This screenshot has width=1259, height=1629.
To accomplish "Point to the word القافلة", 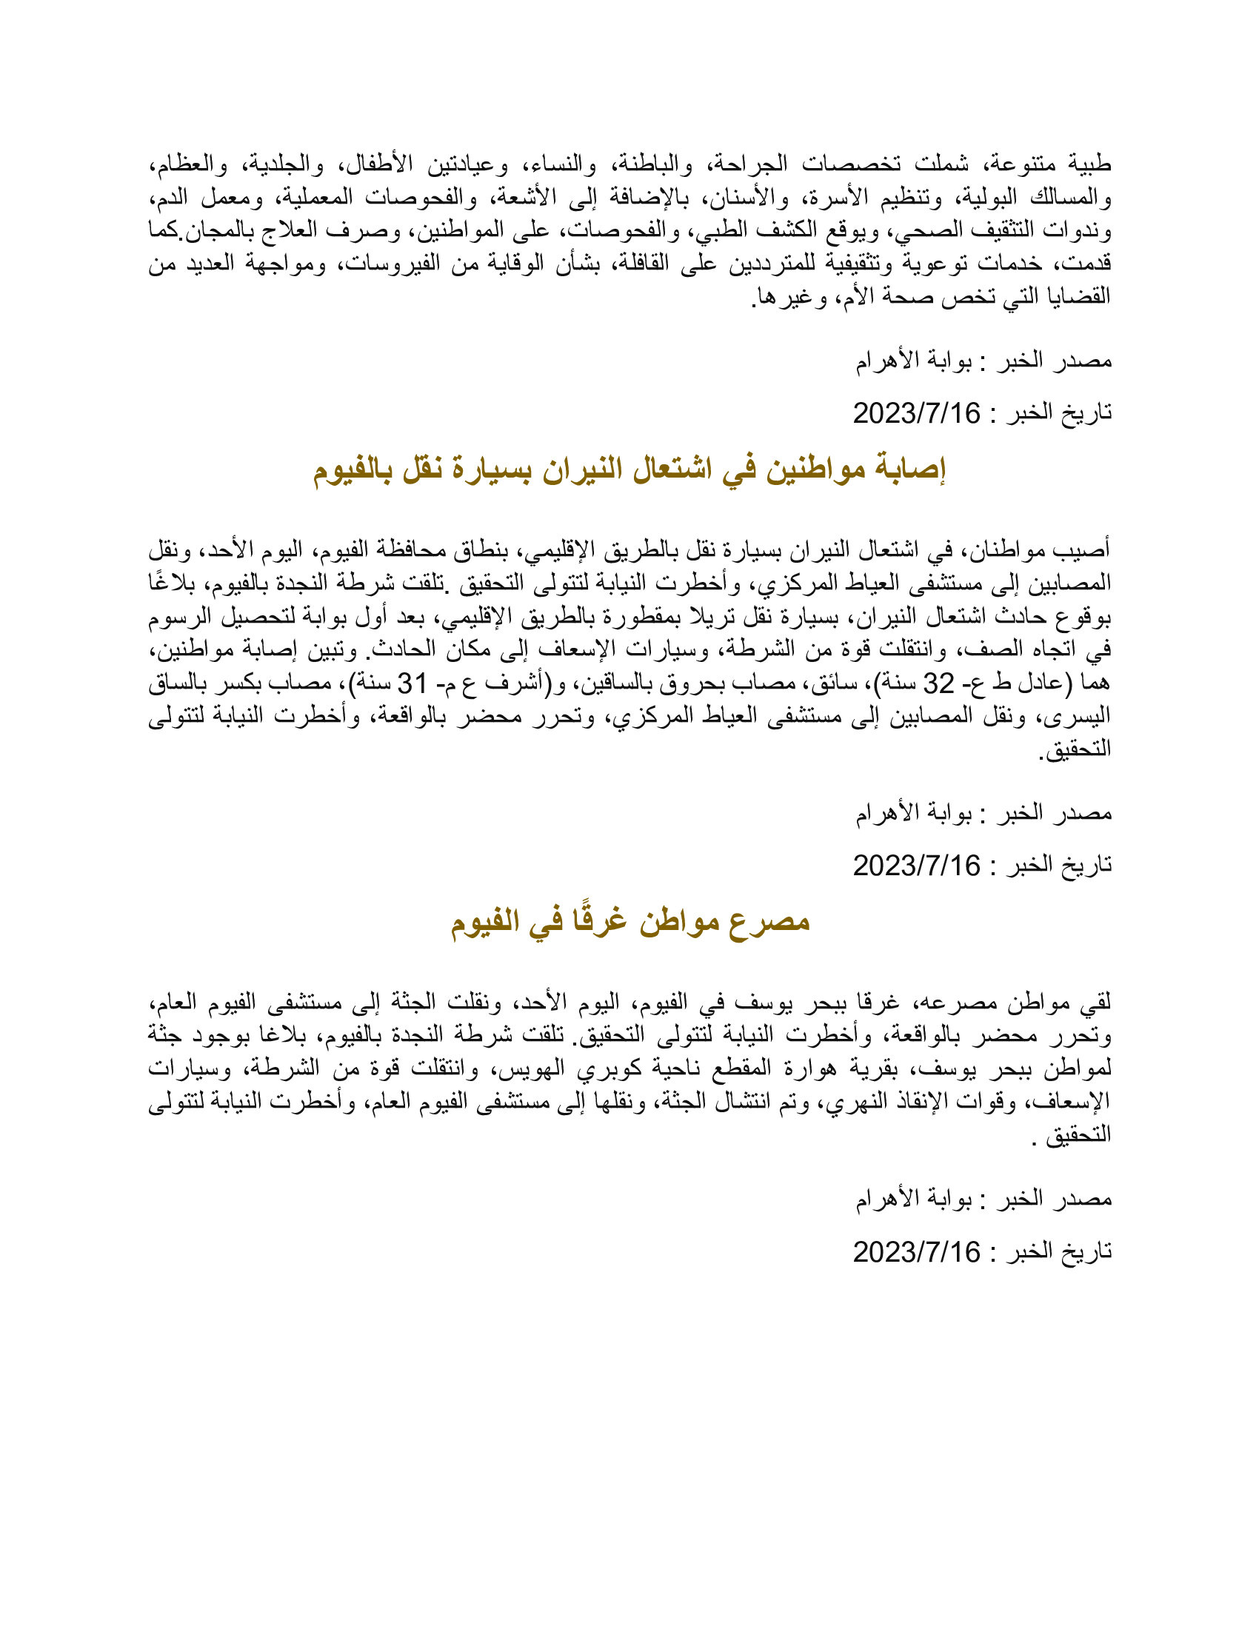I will point(638,264).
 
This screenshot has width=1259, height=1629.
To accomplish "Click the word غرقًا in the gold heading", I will point(598,922).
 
